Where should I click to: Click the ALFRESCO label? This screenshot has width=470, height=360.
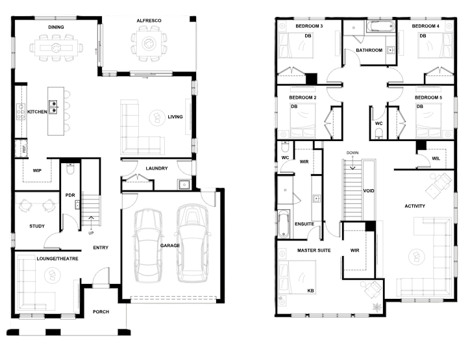point(149,21)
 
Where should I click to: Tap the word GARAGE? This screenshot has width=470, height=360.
point(170,246)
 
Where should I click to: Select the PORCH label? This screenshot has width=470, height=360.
point(101,312)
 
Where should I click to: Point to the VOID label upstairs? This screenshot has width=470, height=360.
point(369,191)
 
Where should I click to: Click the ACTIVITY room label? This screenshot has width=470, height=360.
point(415,206)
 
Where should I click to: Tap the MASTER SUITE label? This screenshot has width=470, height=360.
point(314,250)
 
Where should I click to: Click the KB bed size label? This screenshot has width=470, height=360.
point(310,290)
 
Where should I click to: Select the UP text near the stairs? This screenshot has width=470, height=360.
point(91,233)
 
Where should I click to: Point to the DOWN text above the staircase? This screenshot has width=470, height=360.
point(352,153)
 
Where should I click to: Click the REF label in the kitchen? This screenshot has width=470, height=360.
point(24,149)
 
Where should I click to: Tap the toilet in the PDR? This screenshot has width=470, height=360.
point(70,169)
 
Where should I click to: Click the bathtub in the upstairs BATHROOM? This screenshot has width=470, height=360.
point(380,27)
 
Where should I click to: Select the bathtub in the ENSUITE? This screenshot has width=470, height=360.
point(283,224)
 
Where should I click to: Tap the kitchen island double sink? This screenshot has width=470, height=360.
point(53,107)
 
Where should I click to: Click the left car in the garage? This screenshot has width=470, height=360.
point(148,246)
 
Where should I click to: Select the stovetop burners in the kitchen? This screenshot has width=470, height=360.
point(21,112)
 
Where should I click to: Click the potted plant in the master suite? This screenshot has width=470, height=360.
point(376,307)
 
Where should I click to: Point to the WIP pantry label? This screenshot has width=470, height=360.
point(37,170)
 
